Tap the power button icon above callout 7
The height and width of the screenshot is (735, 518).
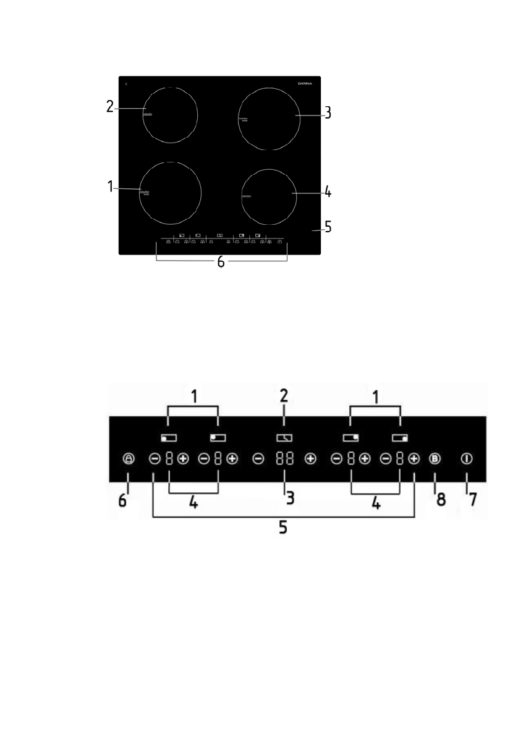tap(466, 459)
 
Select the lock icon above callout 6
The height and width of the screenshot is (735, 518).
tap(128, 459)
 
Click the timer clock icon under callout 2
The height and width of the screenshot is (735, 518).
tap(284, 438)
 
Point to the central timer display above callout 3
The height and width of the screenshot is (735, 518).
tap(284, 459)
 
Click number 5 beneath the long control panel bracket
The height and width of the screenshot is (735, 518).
tap(283, 529)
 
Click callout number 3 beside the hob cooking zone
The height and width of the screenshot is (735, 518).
tap(329, 113)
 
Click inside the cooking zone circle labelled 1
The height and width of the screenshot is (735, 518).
tap(171, 193)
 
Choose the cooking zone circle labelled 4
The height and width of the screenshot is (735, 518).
tap(270, 196)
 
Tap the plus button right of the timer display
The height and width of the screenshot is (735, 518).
tap(310, 459)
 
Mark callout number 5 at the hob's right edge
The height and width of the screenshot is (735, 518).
tap(328, 227)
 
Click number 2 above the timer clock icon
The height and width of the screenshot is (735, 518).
tap(284, 395)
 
